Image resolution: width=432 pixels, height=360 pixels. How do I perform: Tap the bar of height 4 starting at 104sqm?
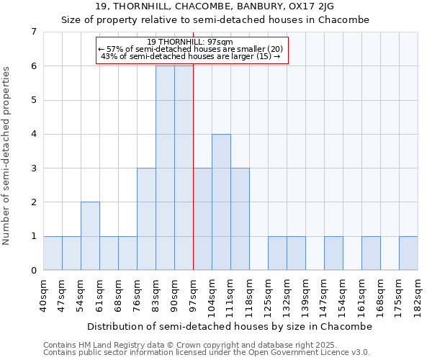[221, 202]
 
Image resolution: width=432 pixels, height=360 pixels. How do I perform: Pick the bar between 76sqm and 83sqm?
[146, 219]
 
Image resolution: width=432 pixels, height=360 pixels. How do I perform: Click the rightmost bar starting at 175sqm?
[408, 253]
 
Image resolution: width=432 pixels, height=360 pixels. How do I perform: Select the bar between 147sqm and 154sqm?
[333, 253]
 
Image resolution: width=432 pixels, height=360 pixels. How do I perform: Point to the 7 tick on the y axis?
[33, 32]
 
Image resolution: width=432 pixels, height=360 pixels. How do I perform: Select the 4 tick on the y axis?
[33, 134]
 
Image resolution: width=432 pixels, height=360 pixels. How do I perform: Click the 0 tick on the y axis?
[33, 271]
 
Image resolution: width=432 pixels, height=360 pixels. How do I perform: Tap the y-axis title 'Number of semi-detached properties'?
[7, 156]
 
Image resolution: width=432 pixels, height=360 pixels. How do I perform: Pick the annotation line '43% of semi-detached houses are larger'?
[191, 56]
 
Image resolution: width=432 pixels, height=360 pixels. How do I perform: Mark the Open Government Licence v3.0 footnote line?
[207, 353]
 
